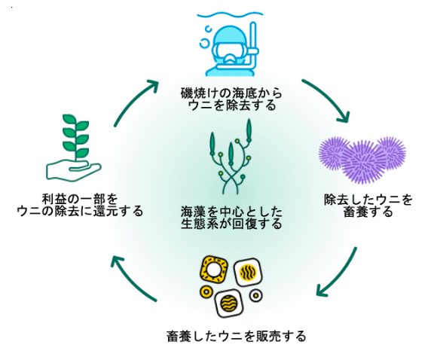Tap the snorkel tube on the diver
[x=253, y=47]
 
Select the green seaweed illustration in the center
[x=231, y=157]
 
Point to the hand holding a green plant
[x=74, y=148]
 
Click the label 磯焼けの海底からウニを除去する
[x=231, y=99]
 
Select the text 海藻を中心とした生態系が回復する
[x=231, y=218]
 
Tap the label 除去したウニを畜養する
[x=368, y=206]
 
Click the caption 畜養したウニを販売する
[x=237, y=336]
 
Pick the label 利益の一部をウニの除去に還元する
[x=80, y=205]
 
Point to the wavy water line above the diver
[x=231, y=14]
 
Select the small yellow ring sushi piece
[x=206, y=292]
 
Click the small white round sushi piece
[x=256, y=295]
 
